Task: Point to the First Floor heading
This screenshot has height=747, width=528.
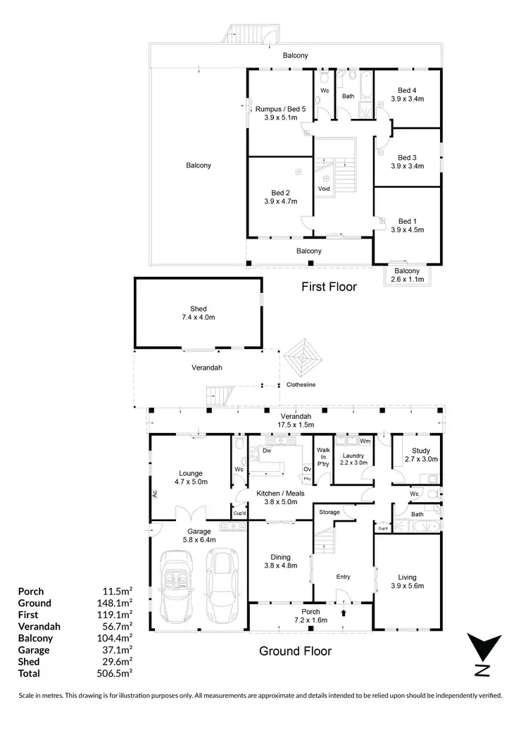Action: [x=329, y=287]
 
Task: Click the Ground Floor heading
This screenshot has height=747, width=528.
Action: [x=295, y=651]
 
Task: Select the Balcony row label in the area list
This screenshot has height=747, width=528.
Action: [x=35, y=638]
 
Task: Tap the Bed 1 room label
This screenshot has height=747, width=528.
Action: [x=407, y=225]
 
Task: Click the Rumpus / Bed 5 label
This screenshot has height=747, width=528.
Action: [x=280, y=113]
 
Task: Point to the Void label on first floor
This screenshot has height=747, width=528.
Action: [x=324, y=189]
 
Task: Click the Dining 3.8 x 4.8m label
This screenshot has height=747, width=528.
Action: [x=280, y=561]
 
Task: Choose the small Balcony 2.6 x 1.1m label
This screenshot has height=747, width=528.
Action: [x=407, y=275]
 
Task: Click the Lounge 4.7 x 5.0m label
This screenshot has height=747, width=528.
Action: [x=191, y=478]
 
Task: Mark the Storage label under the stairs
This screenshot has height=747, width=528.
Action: [x=329, y=512]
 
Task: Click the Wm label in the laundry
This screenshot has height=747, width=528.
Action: [x=365, y=441]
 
